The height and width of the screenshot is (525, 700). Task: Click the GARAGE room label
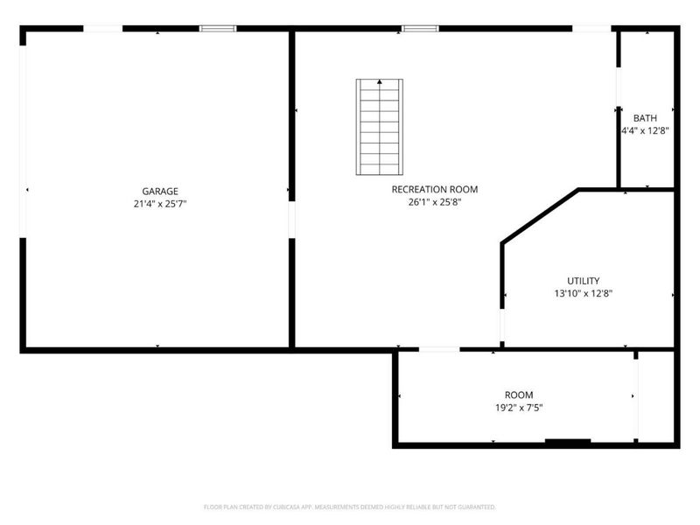[160, 191]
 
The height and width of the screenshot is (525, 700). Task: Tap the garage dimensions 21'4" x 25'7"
[160, 204]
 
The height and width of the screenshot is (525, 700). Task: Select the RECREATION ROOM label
[434, 189]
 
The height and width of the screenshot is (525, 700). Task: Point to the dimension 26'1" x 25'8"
[434, 202]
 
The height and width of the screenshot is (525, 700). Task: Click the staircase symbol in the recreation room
[380, 128]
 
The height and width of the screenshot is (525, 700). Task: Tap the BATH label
[645, 118]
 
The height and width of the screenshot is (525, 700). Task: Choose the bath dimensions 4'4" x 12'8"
[645, 131]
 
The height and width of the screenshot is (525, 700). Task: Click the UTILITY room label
[583, 281]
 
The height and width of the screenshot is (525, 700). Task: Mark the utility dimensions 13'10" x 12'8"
[583, 294]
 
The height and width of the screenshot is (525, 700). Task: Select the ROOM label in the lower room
[518, 395]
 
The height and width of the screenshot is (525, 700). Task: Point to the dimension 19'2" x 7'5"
[518, 408]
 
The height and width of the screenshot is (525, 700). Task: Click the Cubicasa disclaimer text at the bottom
[350, 507]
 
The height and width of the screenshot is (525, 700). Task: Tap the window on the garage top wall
[218, 29]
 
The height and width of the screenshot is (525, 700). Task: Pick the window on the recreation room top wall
[420, 29]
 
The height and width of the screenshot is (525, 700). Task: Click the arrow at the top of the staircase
[380, 82]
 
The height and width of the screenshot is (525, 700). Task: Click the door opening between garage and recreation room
[291, 219]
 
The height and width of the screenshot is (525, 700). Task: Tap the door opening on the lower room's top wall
[439, 350]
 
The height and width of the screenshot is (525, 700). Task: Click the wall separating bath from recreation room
[619, 149]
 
